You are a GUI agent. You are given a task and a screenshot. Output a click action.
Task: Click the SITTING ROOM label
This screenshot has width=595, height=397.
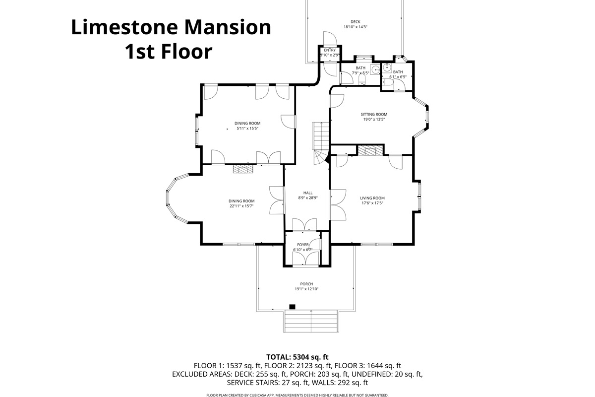373,114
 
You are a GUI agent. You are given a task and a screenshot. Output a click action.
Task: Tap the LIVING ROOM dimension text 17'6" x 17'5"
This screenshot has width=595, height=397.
372,203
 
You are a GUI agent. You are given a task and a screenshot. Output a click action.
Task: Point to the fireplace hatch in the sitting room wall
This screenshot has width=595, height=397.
370,150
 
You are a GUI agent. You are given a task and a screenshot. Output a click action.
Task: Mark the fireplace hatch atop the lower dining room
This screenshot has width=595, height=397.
243,169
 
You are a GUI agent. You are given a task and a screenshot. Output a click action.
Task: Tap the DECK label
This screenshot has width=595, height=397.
355,21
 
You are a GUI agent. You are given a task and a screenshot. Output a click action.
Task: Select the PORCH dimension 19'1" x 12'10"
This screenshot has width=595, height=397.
306,289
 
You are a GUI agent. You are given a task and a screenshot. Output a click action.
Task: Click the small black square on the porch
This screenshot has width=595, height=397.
292,307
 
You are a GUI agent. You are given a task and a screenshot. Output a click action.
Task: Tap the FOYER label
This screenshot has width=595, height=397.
303,245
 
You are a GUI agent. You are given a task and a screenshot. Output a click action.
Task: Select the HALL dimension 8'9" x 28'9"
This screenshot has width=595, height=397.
307,198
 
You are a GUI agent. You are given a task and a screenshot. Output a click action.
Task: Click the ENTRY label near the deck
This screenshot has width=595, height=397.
330,50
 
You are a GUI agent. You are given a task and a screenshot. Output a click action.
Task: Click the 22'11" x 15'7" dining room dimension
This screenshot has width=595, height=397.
241,206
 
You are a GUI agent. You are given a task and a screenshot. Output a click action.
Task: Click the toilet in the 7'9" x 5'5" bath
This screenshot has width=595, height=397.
361,79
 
